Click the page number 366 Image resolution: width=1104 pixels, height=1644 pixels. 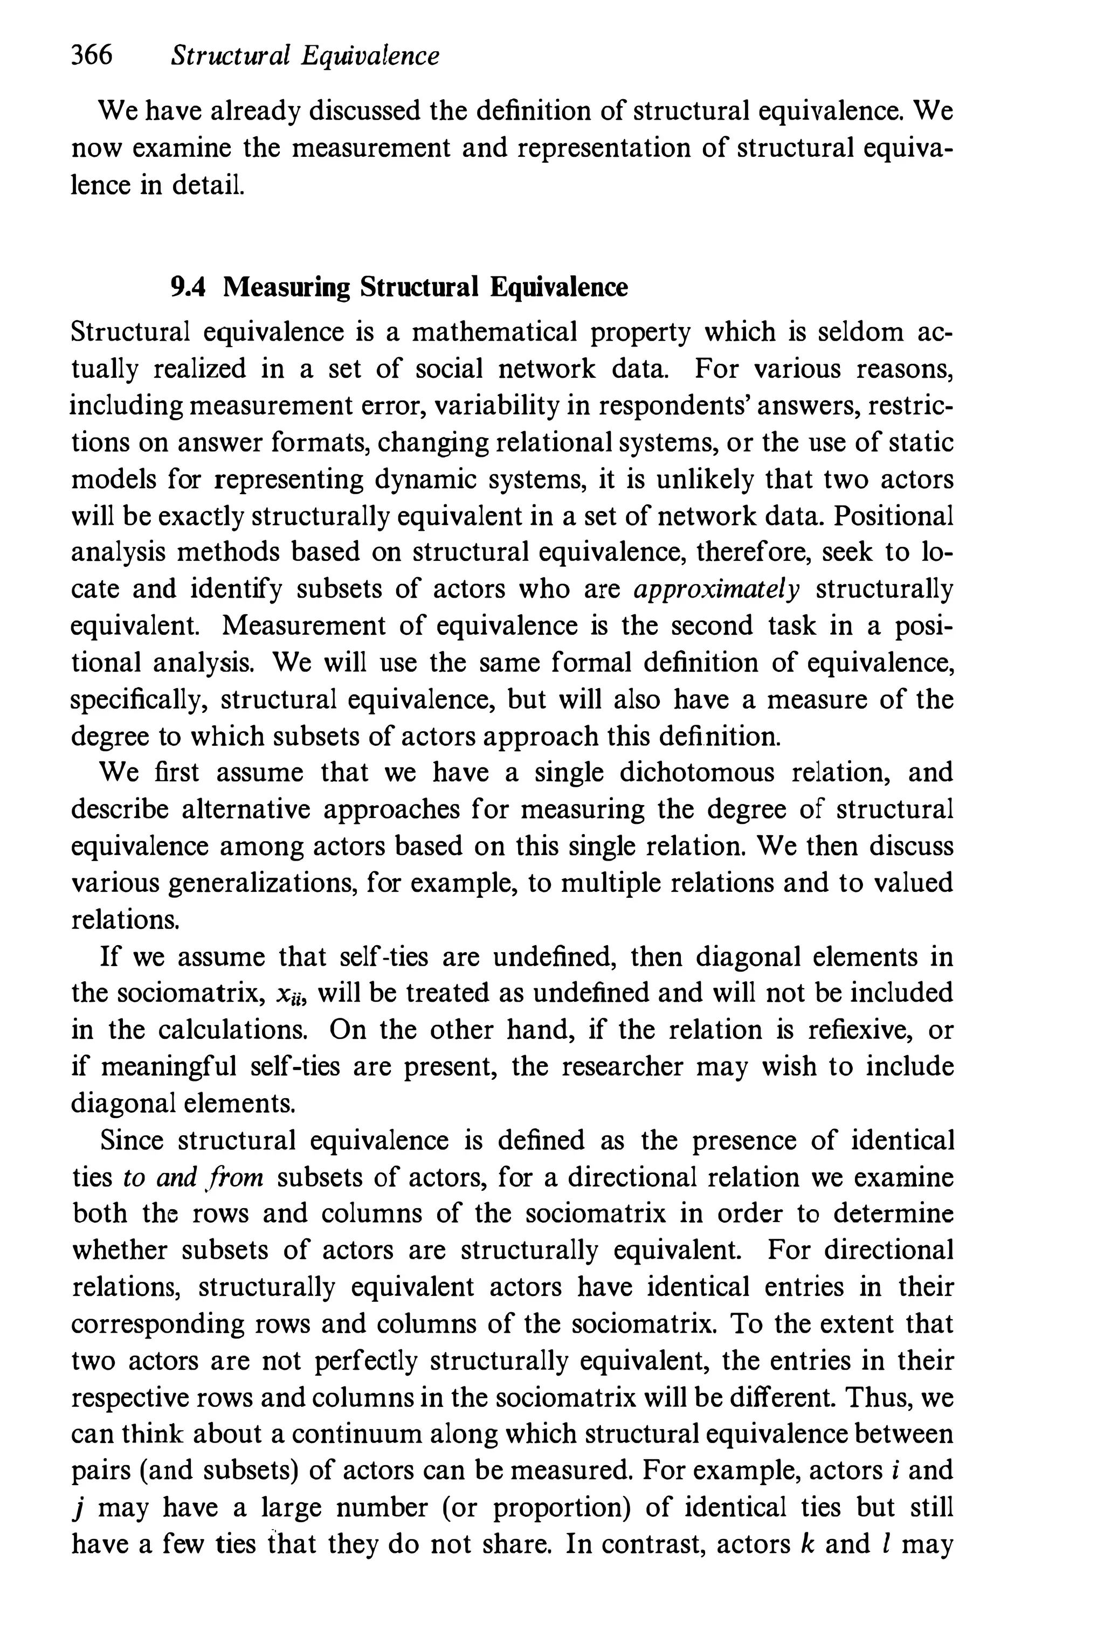pyautogui.click(x=92, y=55)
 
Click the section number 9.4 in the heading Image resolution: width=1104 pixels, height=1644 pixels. pyautogui.click(x=188, y=288)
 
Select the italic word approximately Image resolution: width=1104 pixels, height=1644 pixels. pyautogui.click(x=717, y=589)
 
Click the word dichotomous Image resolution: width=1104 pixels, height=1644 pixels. pyautogui.click(x=696, y=773)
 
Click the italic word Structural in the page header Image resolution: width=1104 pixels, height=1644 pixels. pyautogui.click(x=230, y=56)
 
